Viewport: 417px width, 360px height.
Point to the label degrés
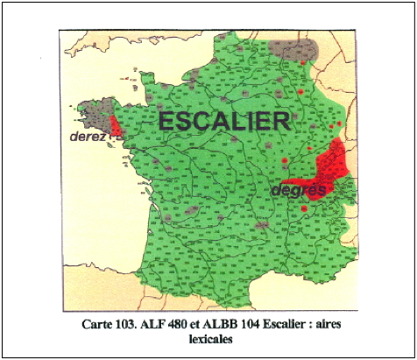tap(299, 189)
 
